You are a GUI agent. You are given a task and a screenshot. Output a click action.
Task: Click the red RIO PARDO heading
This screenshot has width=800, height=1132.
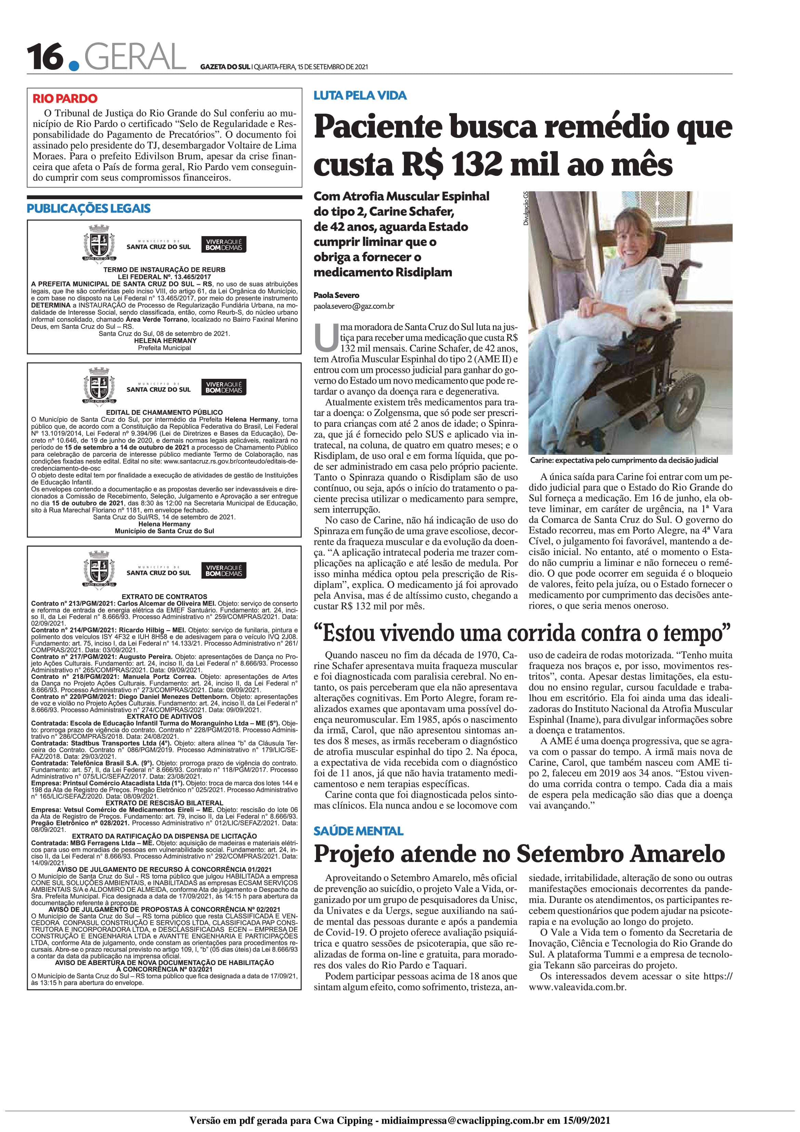pyautogui.click(x=65, y=99)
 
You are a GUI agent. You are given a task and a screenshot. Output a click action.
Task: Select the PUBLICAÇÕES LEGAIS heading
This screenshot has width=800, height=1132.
pyautogui.click(x=89, y=208)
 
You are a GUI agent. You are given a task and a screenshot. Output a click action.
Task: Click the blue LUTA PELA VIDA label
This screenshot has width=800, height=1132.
pyautogui.click(x=360, y=96)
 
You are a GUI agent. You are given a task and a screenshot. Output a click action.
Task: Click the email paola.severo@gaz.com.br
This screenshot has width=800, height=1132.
pyautogui.click(x=354, y=306)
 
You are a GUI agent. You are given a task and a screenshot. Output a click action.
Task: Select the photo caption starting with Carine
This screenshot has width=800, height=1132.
pyautogui.click(x=624, y=460)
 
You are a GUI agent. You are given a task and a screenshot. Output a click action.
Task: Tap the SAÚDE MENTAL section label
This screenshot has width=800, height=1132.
pyautogui.click(x=358, y=831)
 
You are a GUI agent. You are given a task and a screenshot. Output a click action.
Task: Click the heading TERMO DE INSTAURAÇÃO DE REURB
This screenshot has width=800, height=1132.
pyautogui.click(x=164, y=270)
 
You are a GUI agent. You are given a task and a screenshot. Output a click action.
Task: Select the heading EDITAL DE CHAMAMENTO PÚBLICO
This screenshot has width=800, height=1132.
pyautogui.click(x=164, y=412)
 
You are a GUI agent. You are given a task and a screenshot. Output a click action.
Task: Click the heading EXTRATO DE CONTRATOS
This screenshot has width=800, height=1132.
pyautogui.click(x=164, y=596)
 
